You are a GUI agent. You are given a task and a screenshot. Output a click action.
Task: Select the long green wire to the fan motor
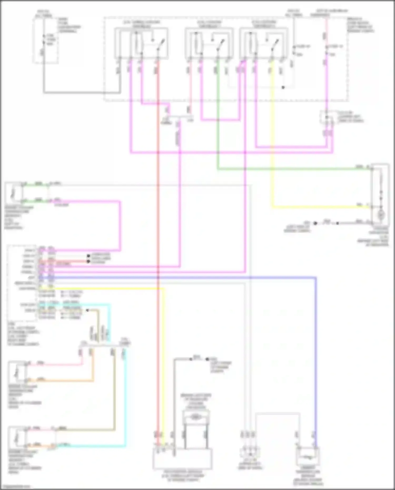point(290,169)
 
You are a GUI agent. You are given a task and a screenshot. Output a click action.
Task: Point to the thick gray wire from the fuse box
point(79,92)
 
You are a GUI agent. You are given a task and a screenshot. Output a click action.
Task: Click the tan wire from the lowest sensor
point(114,395)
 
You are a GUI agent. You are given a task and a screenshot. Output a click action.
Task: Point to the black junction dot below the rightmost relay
point(283,87)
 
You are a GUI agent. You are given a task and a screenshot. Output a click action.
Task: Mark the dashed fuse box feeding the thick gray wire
point(45,41)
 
